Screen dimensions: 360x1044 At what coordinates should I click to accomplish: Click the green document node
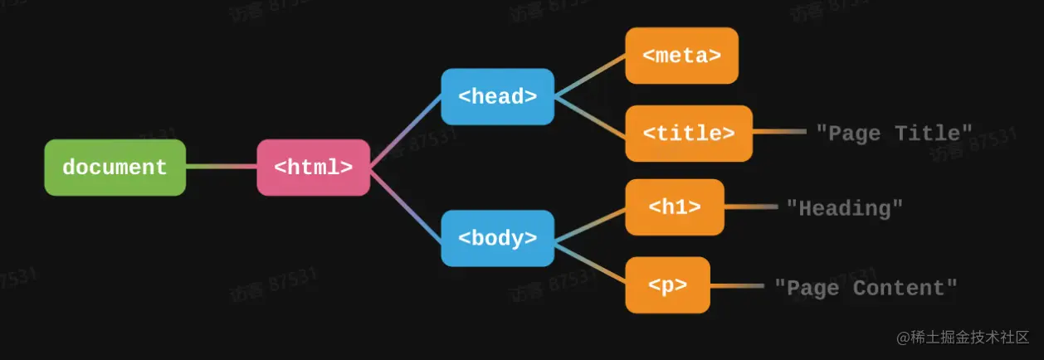(115, 168)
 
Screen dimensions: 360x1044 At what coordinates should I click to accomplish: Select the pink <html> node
(313, 168)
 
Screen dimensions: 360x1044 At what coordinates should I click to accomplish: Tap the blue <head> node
(497, 96)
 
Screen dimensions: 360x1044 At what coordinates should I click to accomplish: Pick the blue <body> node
(497, 238)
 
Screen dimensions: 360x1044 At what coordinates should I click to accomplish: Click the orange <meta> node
(681, 56)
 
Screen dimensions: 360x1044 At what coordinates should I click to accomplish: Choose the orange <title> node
(688, 133)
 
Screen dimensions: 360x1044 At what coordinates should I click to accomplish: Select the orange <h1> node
(674, 207)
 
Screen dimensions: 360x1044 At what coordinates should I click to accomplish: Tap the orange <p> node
(667, 285)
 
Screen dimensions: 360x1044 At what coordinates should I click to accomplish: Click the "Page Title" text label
(894, 133)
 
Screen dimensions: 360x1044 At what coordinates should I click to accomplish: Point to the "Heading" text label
(845, 208)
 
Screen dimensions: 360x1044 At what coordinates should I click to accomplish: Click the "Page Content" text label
(866, 288)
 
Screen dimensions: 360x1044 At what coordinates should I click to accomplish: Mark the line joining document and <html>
(221, 167)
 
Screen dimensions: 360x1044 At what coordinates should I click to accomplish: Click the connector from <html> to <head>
(405, 132)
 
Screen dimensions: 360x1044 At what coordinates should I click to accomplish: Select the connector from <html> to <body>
(405, 204)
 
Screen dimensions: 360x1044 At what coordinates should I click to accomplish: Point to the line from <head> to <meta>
(589, 76)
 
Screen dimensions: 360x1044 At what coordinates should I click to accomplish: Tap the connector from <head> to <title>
(589, 114)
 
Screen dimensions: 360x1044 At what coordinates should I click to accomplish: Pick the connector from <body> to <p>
(589, 260)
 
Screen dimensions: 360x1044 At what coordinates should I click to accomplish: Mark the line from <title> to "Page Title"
(778, 132)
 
